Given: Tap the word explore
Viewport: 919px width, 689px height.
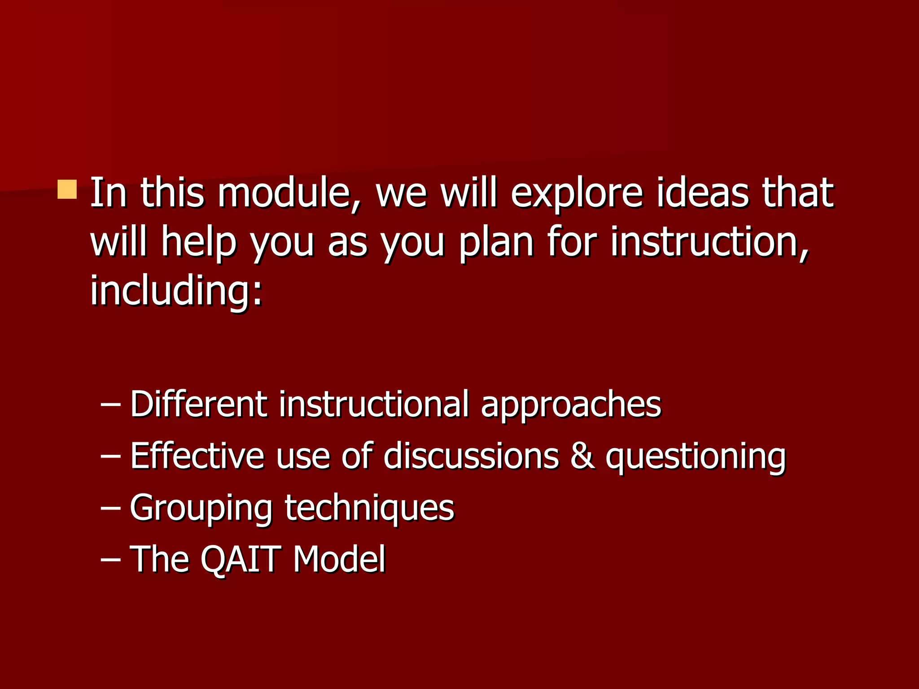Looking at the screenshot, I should [577, 194].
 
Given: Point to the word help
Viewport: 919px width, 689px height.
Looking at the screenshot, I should [198, 243].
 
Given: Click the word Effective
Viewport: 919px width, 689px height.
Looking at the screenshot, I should [197, 456].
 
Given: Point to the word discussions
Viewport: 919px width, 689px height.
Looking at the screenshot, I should [471, 456].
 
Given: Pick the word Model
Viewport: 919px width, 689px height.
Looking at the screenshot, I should [339, 559].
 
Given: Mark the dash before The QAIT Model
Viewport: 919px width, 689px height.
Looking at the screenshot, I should [110, 560].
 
